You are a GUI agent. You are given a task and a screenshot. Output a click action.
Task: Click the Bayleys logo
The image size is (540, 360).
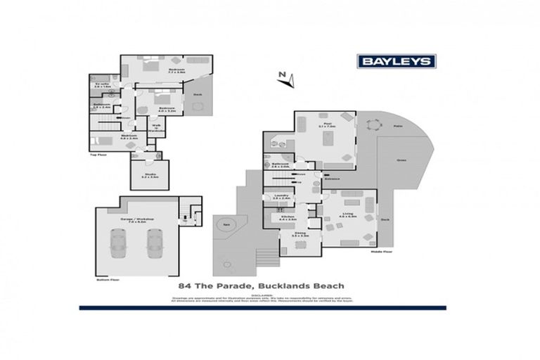pyautogui.click(x=397, y=61)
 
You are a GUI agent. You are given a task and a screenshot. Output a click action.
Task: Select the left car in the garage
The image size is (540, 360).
pyautogui.click(x=117, y=244)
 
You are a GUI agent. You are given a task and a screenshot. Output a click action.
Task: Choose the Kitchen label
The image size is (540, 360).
pyautogui.click(x=285, y=218)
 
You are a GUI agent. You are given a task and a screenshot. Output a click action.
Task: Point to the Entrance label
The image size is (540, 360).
pyautogui.click(x=332, y=179)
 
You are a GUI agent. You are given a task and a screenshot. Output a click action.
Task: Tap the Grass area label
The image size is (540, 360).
pyautogui.click(x=401, y=160)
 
